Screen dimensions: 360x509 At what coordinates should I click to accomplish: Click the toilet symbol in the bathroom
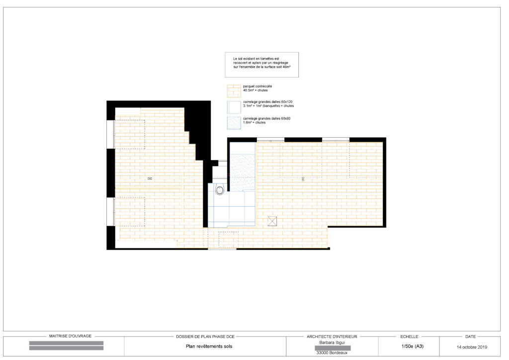tap(220, 190)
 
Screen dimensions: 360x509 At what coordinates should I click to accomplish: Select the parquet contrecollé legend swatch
tap(233, 91)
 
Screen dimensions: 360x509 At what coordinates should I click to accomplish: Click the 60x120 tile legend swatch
tap(233, 107)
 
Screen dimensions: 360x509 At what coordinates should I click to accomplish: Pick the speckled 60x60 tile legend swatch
tap(233, 123)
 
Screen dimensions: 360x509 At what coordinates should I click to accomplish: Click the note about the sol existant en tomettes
tap(261, 65)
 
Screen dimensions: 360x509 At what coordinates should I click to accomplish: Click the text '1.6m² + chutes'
tap(254, 122)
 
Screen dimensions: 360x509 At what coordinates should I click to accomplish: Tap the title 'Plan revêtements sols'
tap(205, 347)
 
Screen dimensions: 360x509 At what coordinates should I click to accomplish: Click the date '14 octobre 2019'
tap(472, 347)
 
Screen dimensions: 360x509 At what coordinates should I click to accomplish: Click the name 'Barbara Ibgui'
tap(333, 342)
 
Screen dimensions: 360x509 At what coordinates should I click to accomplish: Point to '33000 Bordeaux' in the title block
tap(333, 353)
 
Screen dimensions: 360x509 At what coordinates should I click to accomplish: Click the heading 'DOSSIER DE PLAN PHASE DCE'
tap(205, 337)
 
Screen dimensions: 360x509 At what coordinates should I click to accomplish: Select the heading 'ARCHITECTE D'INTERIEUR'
tap(333, 337)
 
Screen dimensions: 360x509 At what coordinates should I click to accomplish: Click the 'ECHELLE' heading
tap(409, 337)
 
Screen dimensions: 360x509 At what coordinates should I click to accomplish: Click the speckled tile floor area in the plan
tap(242, 172)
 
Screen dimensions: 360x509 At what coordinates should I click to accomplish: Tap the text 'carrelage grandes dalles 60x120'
tap(267, 102)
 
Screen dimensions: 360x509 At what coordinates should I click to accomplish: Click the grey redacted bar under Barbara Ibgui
tap(333, 348)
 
